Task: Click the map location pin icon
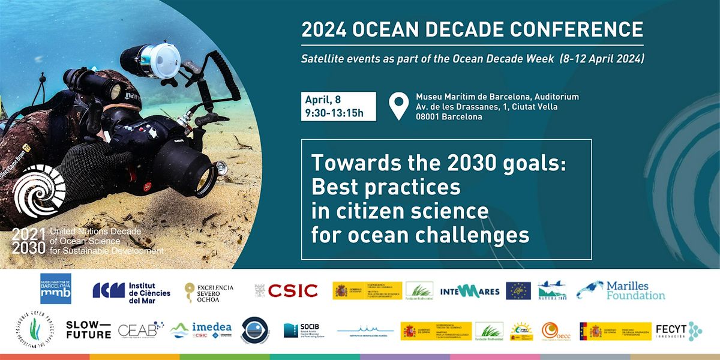(x=397, y=106)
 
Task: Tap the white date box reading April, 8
(x=338, y=106)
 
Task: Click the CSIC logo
(x=286, y=291)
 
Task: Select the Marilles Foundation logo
(x=621, y=290)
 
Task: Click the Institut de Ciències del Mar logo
(x=131, y=290)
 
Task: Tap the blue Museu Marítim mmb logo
(x=56, y=289)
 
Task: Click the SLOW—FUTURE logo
(x=88, y=330)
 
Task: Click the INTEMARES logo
(x=470, y=291)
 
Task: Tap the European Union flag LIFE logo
(x=518, y=290)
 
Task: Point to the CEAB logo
(x=141, y=330)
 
